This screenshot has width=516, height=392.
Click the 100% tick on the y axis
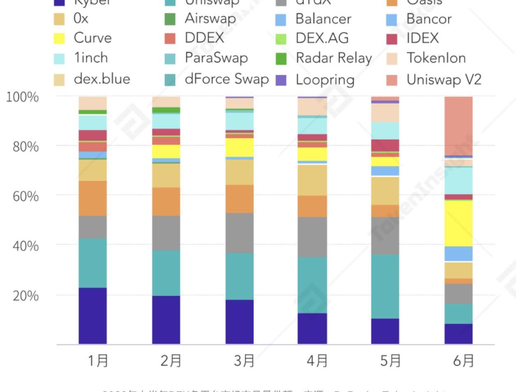pyautogui.click(x=23, y=97)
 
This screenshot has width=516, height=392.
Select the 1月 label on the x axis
pyautogui.click(x=98, y=361)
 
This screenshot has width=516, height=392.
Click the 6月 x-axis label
pyautogui.click(x=464, y=361)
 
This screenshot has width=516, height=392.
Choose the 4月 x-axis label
pyautogui.click(x=317, y=361)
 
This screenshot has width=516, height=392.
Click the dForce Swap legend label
pyautogui.click(x=226, y=79)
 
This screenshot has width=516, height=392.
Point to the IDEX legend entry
pyautogui.click(x=422, y=38)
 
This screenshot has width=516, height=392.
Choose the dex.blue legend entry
pyautogui.click(x=102, y=79)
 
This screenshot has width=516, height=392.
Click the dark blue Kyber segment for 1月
pyautogui.click(x=93, y=315)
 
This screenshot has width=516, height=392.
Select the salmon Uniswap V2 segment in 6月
pyautogui.click(x=458, y=126)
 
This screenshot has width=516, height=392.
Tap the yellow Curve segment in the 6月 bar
pyautogui.click(x=458, y=223)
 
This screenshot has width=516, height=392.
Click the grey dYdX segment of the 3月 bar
pyautogui.click(x=239, y=233)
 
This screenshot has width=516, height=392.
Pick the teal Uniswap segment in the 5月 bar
pyautogui.click(x=385, y=286)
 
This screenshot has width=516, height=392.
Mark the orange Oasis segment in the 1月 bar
pyautogui.click(x=93, y=198)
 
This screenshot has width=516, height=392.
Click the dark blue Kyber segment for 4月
pyautogui.click(x=312, y=328)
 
